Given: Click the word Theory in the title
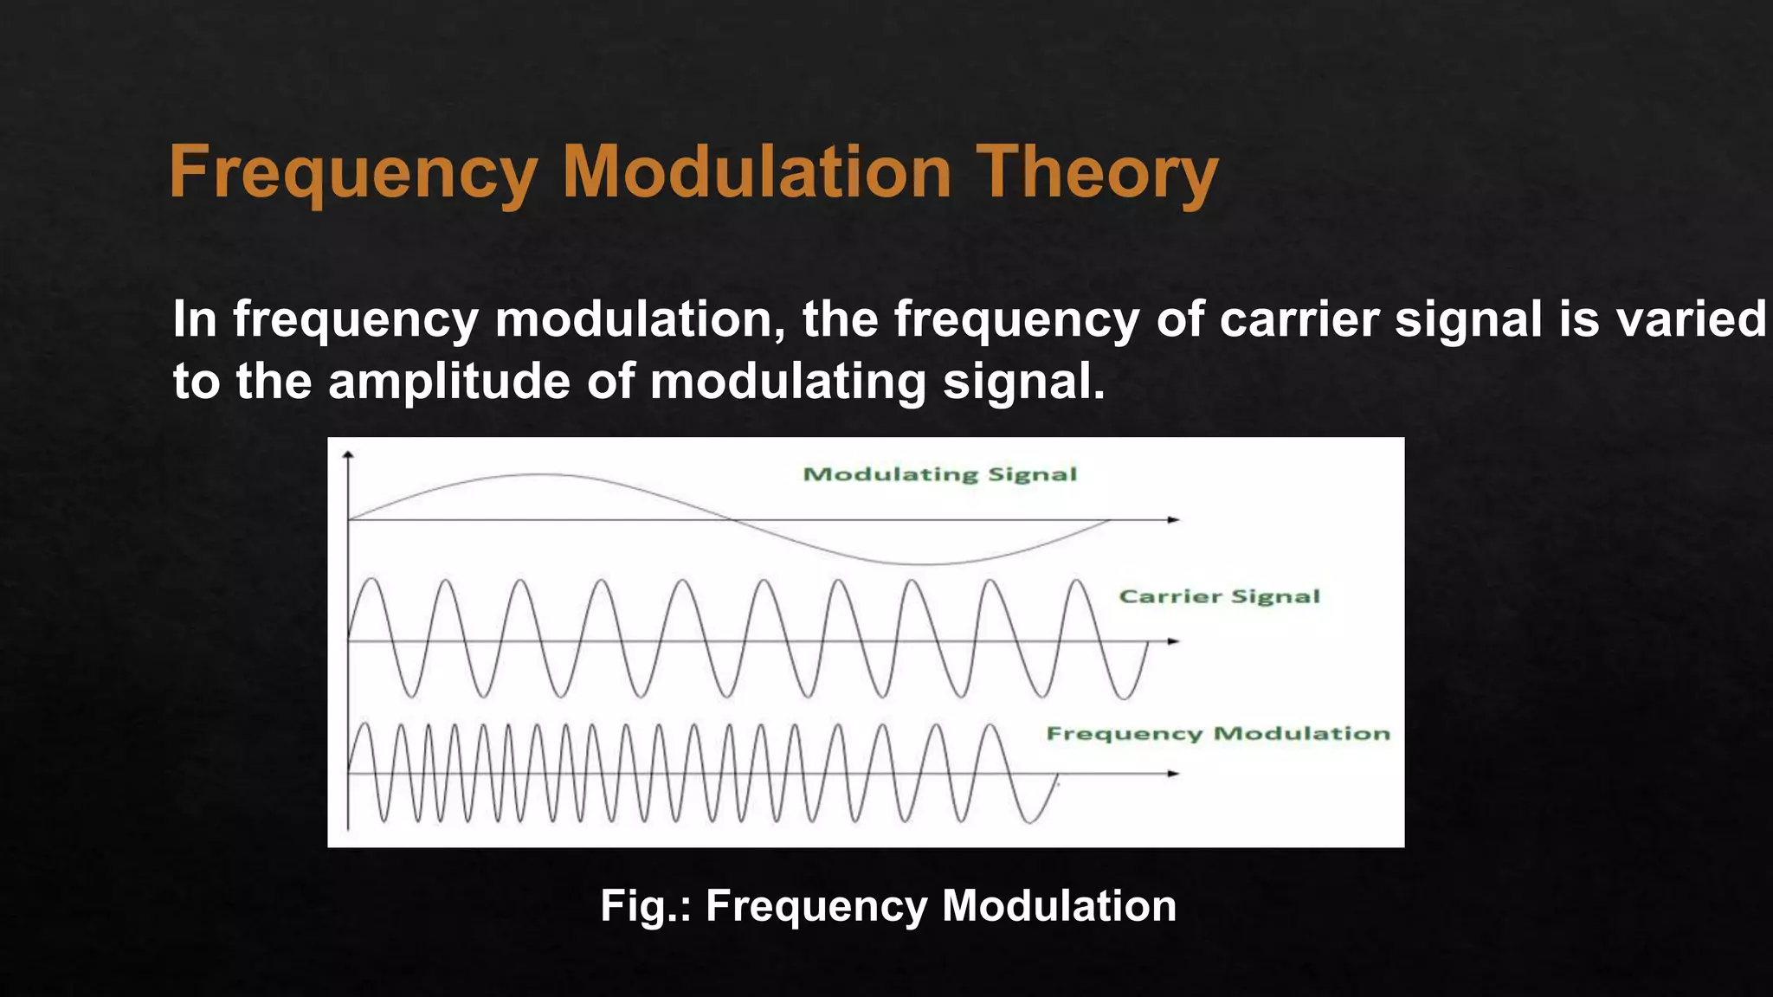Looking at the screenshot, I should point(1097,173).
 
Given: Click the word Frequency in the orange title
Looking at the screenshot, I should point(353,173).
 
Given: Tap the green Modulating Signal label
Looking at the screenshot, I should point(940,474).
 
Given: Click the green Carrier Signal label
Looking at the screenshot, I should point(1219,596).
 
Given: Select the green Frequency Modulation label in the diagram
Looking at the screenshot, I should point(1218,734).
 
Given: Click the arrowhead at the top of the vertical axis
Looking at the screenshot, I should point(348,453).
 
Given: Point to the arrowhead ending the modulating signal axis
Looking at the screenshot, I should point(1174,520).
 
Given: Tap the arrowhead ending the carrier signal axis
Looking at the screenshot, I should point(1174,641).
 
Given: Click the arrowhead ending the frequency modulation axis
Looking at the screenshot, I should point(1174,774).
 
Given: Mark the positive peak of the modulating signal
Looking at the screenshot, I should point(542,474).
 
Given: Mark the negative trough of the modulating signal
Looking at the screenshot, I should point(926,564).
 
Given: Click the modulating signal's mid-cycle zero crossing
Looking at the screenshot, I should point(730,520).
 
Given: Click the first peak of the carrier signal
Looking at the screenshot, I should point(372,578).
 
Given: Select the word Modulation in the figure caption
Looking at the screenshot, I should point(1059,906).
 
